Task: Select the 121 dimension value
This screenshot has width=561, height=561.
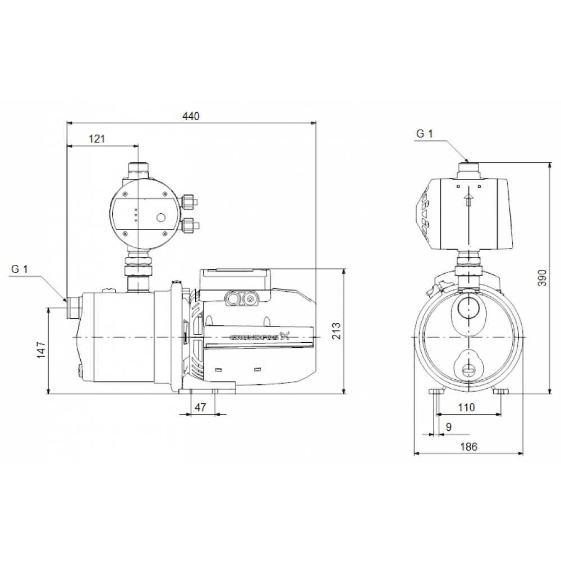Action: click(x=96, y=139)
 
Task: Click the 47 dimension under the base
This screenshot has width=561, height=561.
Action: click(x=200, y=407)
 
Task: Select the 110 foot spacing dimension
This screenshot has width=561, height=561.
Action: click(x=466, y=408)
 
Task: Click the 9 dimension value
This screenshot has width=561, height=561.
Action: click(x=448, y=427)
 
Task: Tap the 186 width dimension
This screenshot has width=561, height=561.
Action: click(x=468, y=447)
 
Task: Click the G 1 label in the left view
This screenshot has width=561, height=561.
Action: click(x=19, y=269)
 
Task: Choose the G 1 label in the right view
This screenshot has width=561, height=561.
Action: click(x=424, y=134)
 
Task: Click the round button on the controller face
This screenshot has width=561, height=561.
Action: click(x=160, y=218)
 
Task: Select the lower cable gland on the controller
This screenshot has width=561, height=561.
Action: click(x=189, y=226)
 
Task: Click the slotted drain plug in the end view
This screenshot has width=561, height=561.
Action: click(x=467, y=370)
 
